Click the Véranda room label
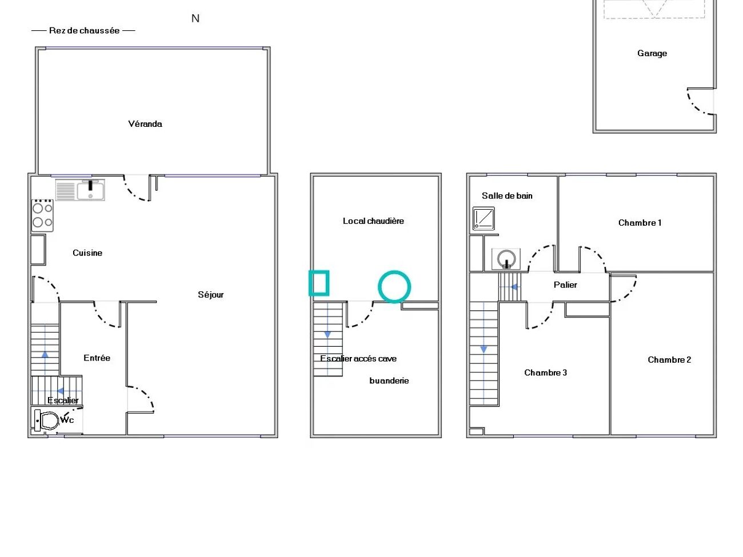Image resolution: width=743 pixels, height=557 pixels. (145, 124)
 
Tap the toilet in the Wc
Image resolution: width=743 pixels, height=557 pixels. (46, 420)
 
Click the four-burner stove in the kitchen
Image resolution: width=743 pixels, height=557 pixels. (42, 215)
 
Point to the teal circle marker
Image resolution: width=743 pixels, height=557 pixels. (394, 286)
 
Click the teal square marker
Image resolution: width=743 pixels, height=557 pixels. (319, 283)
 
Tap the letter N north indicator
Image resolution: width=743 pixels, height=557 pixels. (195, 18)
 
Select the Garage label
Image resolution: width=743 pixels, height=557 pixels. (652, 54)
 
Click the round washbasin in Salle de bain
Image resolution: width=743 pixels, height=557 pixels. (506, 259)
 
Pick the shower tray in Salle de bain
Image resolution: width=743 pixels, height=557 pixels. (484, 218)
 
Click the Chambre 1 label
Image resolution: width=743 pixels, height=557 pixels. (640, 223)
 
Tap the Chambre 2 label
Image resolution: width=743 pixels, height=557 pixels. (669, 359)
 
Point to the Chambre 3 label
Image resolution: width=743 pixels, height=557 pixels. (545, 372)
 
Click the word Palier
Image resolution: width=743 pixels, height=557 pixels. (565, 284)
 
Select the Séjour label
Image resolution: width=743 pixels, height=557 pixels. (210, 295)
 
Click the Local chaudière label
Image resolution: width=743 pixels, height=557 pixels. (373, 221)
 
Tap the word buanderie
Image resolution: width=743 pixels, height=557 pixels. (389, 380)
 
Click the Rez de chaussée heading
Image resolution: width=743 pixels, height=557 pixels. (84, 30)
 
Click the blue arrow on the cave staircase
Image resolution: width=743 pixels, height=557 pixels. (327, 334)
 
